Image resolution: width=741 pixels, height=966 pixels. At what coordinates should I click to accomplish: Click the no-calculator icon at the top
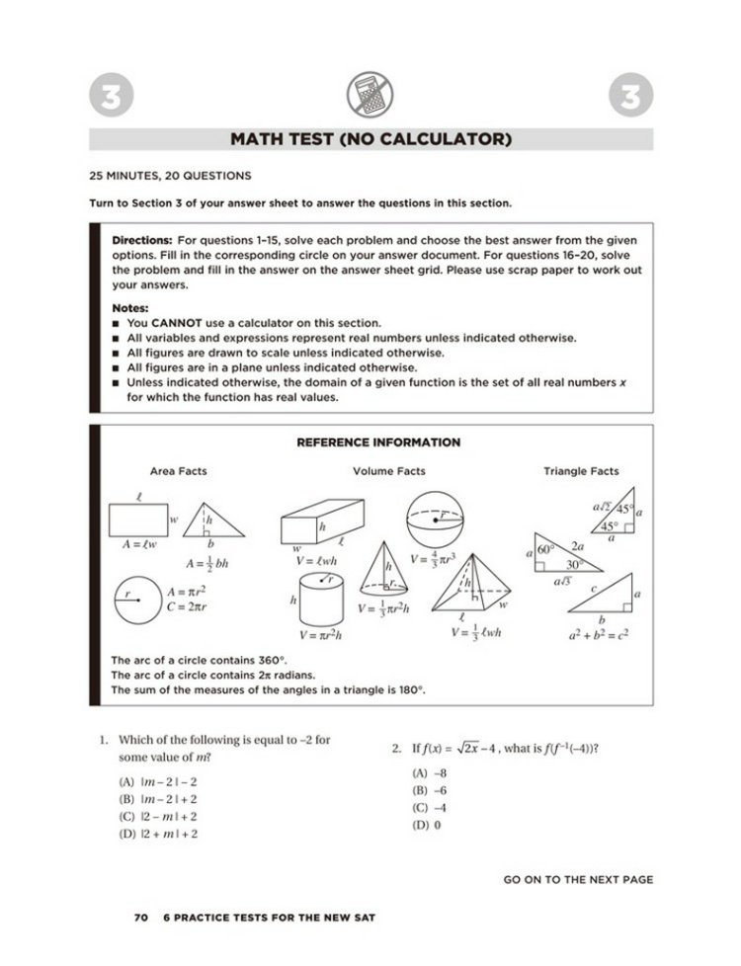pyautogui.click(x=370, y=97)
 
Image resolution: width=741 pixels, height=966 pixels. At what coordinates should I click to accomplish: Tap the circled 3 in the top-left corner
pyautogui.click(x=108, y=98)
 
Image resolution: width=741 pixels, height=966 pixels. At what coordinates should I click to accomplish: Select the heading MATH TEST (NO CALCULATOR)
pyautogui.click(x=370, y=139)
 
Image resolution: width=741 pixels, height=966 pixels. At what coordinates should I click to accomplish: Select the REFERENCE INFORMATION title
pyautogui.click(x=378, y=443)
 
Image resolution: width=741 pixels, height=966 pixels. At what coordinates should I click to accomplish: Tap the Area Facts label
pyautogui.click(x=179, y=472)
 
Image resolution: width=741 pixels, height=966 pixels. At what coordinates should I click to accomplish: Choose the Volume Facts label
pyautogui.click(x=389, y=472)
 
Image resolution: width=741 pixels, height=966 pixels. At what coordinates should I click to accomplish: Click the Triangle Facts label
pyautogui.click(x=581, y=472)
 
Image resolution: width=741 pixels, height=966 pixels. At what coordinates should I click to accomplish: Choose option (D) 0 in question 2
pyautogui.click(x=426, y=825)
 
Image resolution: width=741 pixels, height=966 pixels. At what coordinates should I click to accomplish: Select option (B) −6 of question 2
pyautogui.click(x=430, y=791)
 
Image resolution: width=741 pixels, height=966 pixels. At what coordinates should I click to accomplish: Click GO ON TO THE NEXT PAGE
pyautogui.click(x=578, y=879)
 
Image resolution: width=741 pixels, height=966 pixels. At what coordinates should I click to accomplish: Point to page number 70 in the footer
pyautogui.click(x=140, y=918)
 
